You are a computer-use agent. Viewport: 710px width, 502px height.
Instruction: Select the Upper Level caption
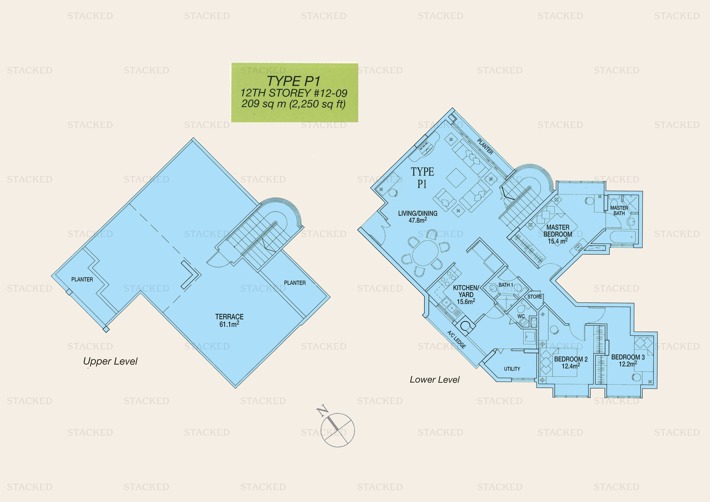tap(110, 361)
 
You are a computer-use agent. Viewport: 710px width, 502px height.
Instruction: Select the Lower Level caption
tap(435, 380)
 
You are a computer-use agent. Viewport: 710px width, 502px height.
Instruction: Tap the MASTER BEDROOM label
tap(558, 234)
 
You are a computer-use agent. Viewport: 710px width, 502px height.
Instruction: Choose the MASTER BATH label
tap(619, 211)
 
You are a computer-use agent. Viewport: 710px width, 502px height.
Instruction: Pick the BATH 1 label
tap(506, 285)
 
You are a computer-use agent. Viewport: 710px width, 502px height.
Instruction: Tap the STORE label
tap(535, 297)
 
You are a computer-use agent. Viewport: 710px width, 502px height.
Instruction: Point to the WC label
tap(521, 316)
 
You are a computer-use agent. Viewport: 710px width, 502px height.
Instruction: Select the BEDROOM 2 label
tap(571, 363)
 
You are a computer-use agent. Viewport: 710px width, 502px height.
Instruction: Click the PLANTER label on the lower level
tap(485, 147)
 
